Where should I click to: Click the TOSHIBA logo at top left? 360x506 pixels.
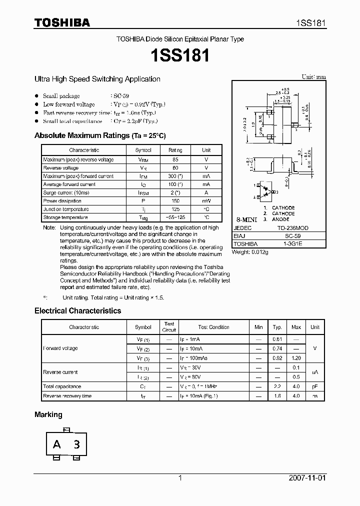[62, 22]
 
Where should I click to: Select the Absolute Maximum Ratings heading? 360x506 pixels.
[100, 135]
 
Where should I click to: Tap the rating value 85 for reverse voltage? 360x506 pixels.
[175, 159]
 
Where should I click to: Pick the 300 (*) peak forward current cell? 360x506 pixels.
[175, 176]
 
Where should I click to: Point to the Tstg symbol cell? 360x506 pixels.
[142, 217]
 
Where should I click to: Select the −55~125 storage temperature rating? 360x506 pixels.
[175, 217]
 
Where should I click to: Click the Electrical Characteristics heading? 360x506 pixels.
[77, 310]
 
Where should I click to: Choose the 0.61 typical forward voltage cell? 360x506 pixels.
[277, 339]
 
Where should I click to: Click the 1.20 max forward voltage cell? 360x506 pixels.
[296, 358]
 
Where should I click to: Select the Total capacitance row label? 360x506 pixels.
[62, 386]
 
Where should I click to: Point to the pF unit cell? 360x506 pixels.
[314, 386]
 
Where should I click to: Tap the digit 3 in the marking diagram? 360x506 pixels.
[76, 444]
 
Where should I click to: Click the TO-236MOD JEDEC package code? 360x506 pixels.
[293, 227]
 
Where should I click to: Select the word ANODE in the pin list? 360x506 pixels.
[280, 219]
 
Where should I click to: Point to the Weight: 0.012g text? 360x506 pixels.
[250, 252]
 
